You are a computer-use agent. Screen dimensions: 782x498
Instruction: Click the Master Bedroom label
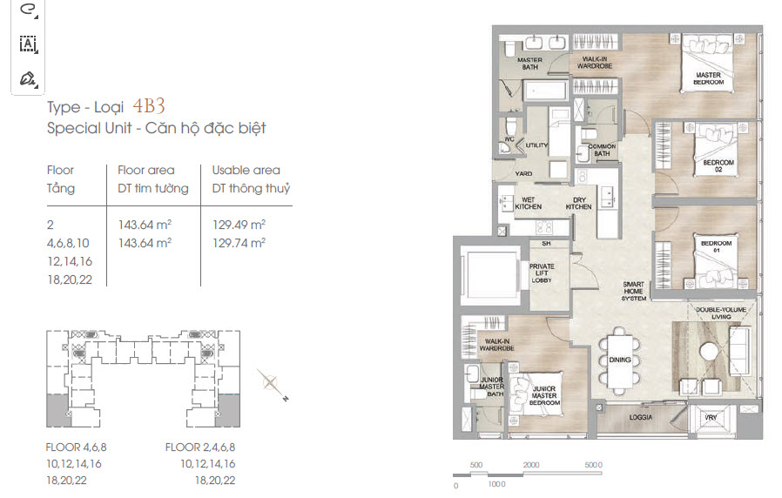(708, 78)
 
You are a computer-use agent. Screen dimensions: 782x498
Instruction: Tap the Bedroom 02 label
(718, 165)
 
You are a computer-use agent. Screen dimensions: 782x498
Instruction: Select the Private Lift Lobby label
(542, 273)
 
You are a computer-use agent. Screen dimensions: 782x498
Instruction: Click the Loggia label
(640, 417)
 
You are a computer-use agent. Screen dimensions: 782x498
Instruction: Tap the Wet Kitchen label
(528, 203)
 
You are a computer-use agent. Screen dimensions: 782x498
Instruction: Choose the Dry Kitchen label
(578, 203)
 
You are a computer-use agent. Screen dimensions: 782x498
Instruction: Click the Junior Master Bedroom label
(544, 395)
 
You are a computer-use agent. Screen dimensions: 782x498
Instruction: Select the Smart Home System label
(633, 291)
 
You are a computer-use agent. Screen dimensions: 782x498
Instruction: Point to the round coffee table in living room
(709, 352)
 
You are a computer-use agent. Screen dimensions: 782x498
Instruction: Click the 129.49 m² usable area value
(239, 225)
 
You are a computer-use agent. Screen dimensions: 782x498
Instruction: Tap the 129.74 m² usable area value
(239, 243)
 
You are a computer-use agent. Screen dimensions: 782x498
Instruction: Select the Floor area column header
(146, 170)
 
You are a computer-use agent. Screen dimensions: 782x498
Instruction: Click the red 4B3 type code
(149, 105)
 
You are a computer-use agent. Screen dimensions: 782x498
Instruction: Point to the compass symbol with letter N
(272, 384)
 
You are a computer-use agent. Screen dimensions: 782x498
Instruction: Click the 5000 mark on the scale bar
(593, 465)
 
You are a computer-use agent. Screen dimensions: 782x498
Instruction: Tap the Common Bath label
(602, 150)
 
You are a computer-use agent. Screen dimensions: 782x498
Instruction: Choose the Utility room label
(536, 145)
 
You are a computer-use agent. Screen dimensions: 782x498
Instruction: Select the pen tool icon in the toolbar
(27, 79)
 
